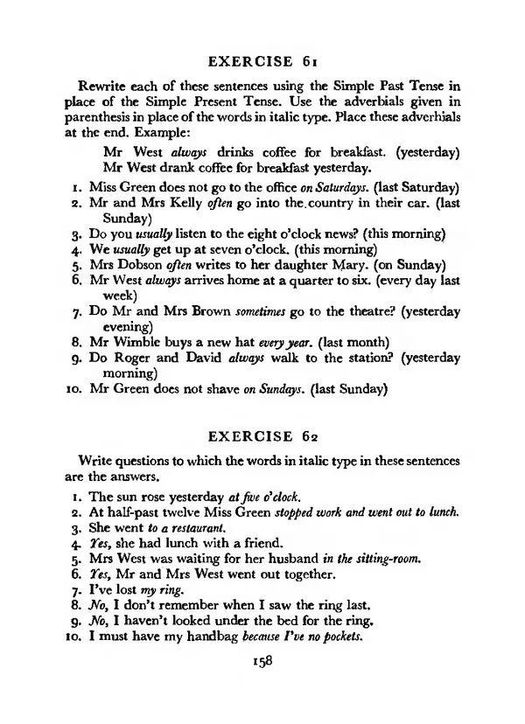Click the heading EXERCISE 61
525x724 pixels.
[x=262, y=61]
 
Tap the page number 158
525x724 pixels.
[x=262, y=662]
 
